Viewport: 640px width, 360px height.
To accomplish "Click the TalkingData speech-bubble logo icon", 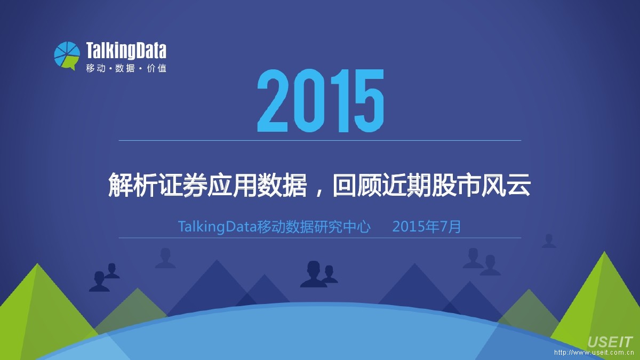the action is click(x=67, y=56).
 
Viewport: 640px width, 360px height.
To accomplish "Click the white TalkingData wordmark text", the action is click(x=126, y=51).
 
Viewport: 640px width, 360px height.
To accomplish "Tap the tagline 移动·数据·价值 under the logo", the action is click(x=126, y=68).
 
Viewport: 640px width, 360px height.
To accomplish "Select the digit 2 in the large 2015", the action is click(x=273, y=101).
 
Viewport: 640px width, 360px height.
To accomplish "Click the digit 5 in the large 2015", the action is click(x=369, y=101).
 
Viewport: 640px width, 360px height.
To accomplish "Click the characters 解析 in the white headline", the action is click(x=133, y=185).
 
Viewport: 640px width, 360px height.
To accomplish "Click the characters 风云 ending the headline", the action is click(x=506, y=185).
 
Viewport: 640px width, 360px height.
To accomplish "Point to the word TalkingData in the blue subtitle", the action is click(x=218, y=227).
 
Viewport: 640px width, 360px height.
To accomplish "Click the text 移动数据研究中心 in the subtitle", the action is click(x=314, y=227).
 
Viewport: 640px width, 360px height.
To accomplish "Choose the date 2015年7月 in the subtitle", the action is click(x=427, y=227).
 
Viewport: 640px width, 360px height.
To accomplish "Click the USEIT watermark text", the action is click(x=610, y=342).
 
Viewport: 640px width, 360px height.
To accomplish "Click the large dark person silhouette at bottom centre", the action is click(x=314, y=274).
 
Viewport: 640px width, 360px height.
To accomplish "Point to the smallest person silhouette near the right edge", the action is click(x=549, y=241).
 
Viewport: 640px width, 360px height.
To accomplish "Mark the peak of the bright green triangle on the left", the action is click(x=37, y=263).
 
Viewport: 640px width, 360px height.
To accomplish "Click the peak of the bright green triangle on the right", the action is click(x=604, y=251).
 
